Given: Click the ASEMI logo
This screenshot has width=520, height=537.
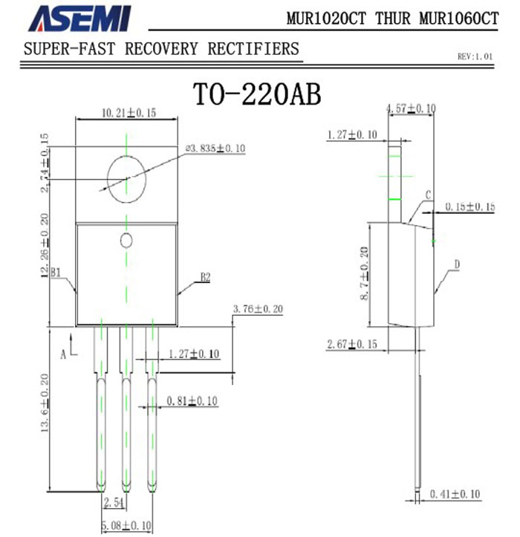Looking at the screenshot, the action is coord(79,19).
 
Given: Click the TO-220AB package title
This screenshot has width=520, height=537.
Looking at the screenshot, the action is coord(257,94).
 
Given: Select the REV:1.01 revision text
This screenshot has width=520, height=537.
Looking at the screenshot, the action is coord(475,56).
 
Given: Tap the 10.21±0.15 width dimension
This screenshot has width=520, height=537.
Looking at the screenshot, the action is coord(129,113).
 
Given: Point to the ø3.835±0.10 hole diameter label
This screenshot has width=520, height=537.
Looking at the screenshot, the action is coord(215,149).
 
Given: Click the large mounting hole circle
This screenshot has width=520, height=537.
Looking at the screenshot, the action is coord(107,179).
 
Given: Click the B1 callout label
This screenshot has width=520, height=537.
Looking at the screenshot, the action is coord(56,273).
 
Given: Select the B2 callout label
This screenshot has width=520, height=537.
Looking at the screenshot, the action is coord(205,277).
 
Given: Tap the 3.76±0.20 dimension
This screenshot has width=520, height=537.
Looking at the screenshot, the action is coord(258,309).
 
